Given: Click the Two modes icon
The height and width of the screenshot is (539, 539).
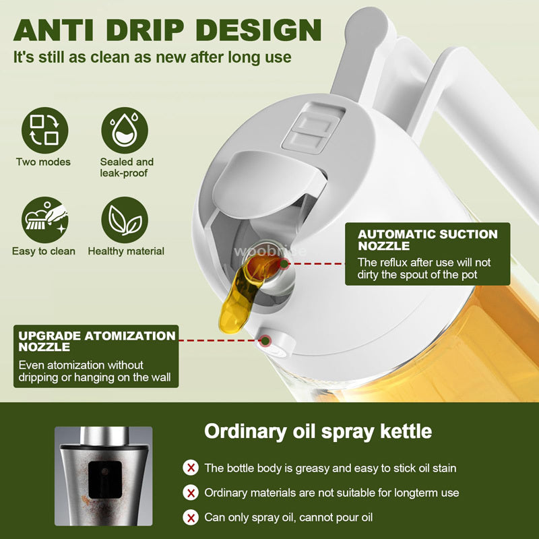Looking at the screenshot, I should [x=44, y=129].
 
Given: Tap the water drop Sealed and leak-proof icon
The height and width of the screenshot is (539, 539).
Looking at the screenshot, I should [x=125, y=129].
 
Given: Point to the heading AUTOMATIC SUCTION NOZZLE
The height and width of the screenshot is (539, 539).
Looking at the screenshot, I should [x=427, y=240].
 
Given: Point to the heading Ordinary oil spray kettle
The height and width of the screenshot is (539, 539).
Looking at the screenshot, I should [x=318, y=431].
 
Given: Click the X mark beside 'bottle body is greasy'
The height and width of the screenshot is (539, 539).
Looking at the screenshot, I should [x=191, y=468].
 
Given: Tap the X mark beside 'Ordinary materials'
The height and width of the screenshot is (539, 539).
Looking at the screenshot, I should [x=191, y=493].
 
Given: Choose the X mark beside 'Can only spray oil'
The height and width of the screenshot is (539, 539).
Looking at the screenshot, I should [x=191, y=517].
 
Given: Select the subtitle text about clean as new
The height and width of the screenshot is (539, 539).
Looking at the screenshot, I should [x=153, y=57].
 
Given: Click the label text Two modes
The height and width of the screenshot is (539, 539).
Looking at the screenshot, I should [x=44, y=162].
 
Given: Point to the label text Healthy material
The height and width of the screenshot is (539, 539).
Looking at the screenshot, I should [x=126, y=251].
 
